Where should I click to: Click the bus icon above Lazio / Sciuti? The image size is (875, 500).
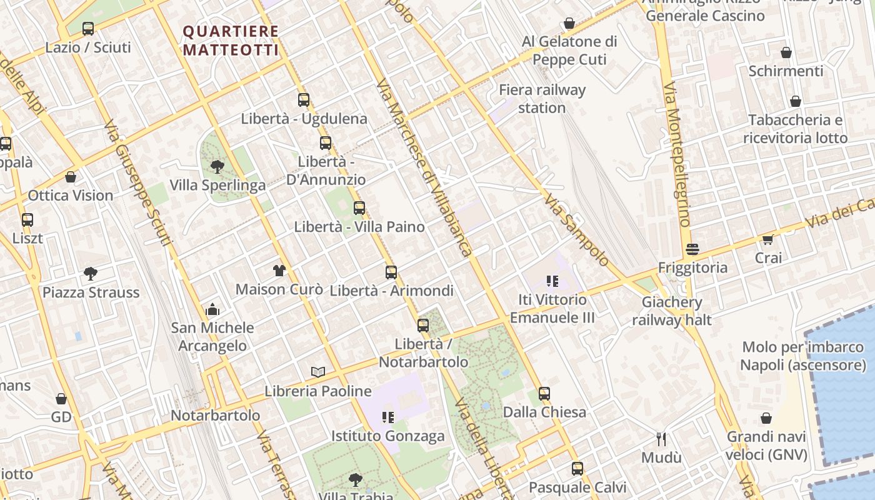pos(88,28)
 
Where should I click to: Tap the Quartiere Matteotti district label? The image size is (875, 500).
pos(230,41)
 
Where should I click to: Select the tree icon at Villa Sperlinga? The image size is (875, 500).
pos(217,166)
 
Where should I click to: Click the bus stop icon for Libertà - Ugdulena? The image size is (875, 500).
pos(304,99)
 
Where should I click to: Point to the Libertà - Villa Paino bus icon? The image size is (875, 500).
pos(359,208)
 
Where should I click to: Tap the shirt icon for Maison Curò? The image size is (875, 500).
pos(279,270)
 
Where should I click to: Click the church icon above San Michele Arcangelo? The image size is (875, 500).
pos(212,309)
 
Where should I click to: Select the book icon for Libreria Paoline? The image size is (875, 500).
pos(318,372)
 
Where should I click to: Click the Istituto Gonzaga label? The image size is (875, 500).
pos(387,436)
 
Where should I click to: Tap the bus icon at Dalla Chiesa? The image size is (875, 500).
pos(544,394)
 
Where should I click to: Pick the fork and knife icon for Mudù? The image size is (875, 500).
pos(661,439)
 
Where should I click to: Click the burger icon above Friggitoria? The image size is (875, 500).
pos(692,249)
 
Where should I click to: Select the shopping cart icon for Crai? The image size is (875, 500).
pos(767,239)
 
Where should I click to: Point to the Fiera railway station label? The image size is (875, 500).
pos(542,99)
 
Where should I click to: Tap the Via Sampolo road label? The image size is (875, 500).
pos(576,230)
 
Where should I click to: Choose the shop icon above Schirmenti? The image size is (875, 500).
pos(786,52)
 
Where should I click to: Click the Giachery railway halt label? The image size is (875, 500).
pos(672,311)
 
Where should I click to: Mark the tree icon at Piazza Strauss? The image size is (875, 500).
pos(91,273)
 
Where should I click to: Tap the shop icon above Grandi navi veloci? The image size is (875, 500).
pos(766,418)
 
